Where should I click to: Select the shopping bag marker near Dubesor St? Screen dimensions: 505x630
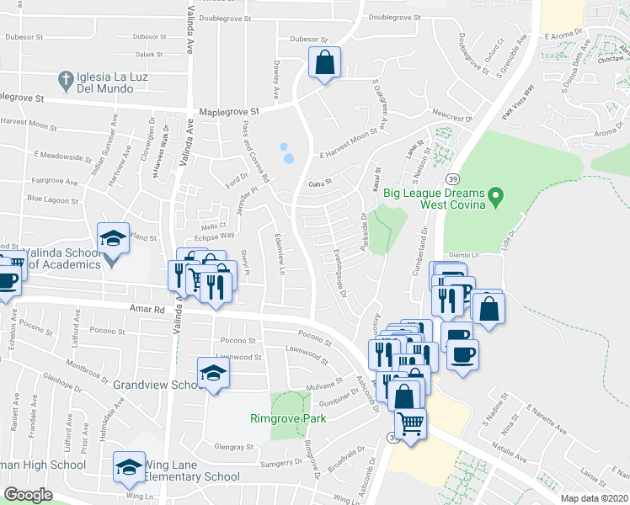[324, 63]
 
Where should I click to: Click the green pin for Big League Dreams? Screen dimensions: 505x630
[496, 199]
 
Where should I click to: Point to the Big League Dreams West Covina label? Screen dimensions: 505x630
[434, 199]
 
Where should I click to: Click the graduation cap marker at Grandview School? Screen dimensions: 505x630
[213, 374]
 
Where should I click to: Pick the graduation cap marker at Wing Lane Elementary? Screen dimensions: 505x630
[129, 467]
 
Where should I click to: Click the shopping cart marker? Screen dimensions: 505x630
[410, 423]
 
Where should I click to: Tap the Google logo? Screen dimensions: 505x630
[28, 495]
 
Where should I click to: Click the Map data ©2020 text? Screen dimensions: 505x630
[595, 497]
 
